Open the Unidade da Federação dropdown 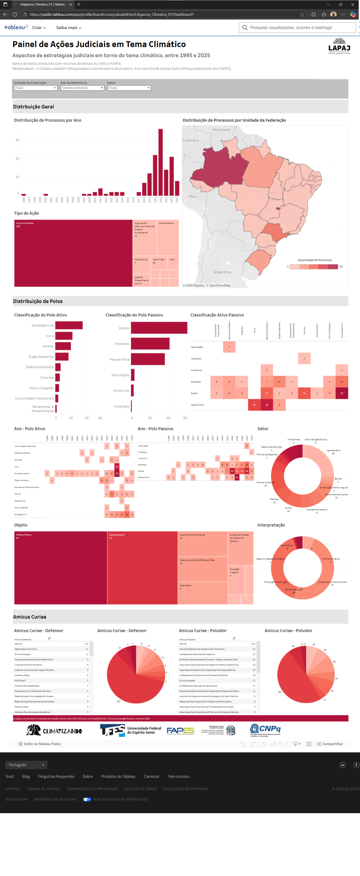(35, 88)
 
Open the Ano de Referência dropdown (82, 88)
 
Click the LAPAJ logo (339, 46)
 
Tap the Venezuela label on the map (221, 130)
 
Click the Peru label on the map (193, 196)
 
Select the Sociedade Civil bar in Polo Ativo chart (69, 325)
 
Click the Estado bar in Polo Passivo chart (159, 327)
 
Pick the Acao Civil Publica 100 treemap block (73, 253)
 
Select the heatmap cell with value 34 (342, 393)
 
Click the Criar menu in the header (39, 28)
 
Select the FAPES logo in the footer (180, 731)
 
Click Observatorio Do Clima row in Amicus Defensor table (51, 649)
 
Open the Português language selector (26, 765)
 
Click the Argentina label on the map (222, 272)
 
